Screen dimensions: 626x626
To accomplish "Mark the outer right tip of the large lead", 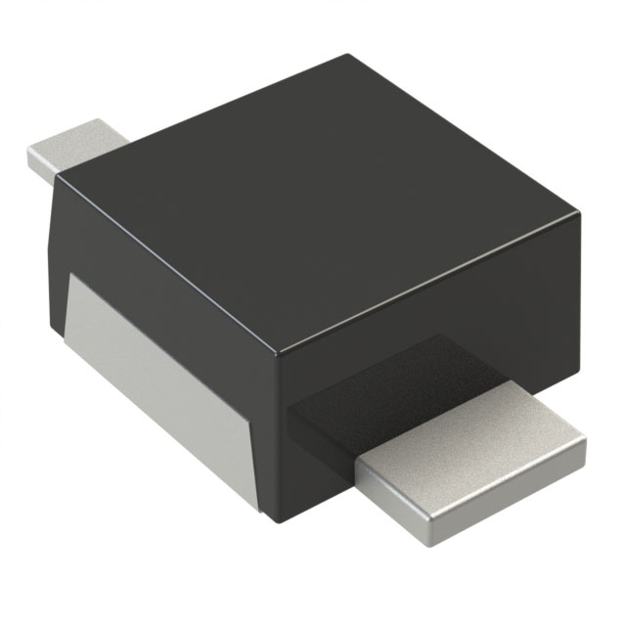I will pyautogui.click(x=585, y=452).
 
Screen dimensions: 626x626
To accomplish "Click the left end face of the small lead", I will pyautogui.click(x=39, y=166).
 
